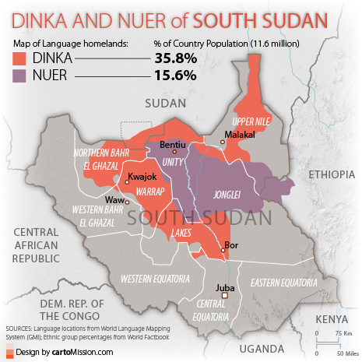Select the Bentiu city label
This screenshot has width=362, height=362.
coord(172,145)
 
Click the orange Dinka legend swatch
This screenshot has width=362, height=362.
coord(22,58)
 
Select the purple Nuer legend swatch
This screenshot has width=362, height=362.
coord(22,76)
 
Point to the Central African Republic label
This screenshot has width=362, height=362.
coord(37,245)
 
